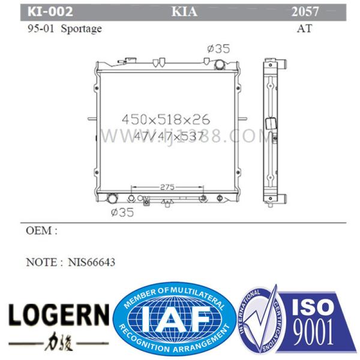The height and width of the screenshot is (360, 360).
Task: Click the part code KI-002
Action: coord(50,11)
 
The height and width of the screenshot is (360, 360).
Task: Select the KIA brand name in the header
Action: coord(184,11)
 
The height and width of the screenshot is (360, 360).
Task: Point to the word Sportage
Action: coord(82,28)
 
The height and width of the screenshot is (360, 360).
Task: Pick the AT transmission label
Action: coord(305,28)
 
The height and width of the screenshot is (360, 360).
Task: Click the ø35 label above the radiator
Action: coord(217,49)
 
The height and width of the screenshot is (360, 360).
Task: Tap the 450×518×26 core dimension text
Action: coord(166,119)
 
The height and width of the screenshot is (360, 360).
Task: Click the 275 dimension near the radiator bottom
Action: coord(167,187)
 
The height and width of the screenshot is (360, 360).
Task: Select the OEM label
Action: coord(42,230)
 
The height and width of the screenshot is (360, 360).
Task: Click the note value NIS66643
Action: coord(91,262)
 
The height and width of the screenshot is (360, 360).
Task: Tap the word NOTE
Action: coord(43,262)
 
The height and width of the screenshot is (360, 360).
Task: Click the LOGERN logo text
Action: coord(59,313)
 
